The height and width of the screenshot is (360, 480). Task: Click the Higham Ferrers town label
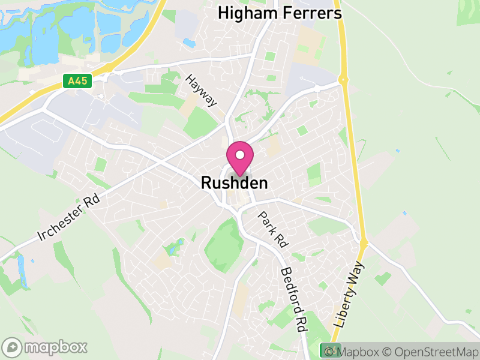280,13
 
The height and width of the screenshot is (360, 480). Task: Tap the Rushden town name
234,182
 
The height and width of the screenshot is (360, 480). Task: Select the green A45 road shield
77,80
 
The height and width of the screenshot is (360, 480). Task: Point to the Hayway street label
201,91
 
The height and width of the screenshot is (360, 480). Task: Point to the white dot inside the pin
239,155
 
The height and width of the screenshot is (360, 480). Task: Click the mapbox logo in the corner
46,347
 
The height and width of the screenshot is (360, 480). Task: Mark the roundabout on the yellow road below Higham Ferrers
343,79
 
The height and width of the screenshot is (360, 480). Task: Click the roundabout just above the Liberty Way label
364,243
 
